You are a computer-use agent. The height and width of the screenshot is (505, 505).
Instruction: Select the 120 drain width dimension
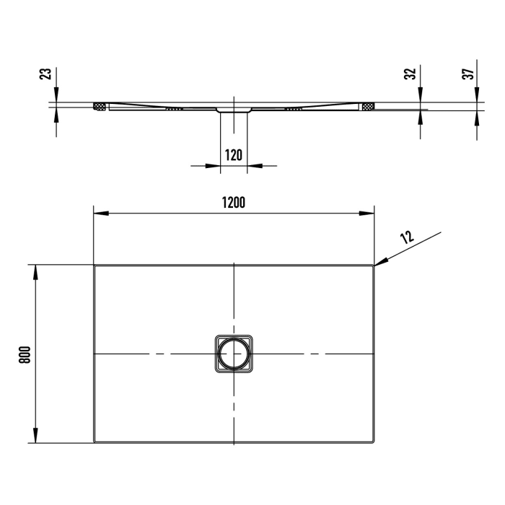click(x=233, y=154)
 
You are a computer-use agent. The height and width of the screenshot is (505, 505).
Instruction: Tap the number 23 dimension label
click(x=45, y=74)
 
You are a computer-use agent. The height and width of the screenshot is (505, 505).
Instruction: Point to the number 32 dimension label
click(x=409, y=74)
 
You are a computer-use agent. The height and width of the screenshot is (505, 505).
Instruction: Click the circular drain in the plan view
click(x=234, y=354)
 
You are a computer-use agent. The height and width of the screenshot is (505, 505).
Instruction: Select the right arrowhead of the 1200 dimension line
click(x=367, y=213)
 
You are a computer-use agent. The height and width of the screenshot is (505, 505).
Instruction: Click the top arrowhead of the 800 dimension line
click(x=33, y=271)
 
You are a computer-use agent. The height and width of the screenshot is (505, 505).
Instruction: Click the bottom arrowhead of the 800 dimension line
click(x=33, y=437)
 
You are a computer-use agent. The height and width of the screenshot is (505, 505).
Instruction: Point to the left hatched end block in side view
click(x=100, y=107)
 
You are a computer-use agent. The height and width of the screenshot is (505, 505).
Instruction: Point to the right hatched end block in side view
click(x=369, y=107)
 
